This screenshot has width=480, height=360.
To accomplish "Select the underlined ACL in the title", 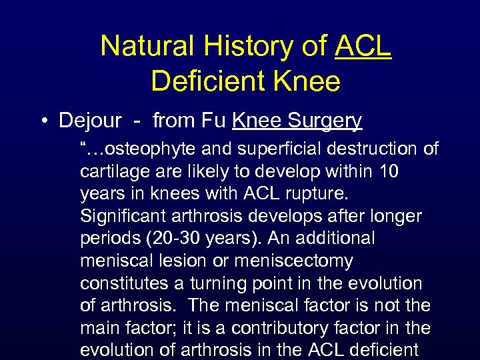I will coord(363,46).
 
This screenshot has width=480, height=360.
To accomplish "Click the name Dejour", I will coord(90,121).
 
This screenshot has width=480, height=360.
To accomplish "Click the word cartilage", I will coord(114,171).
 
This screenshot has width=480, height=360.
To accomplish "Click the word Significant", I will coord(129,216).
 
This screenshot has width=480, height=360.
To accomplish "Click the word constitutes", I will coord(123,283).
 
